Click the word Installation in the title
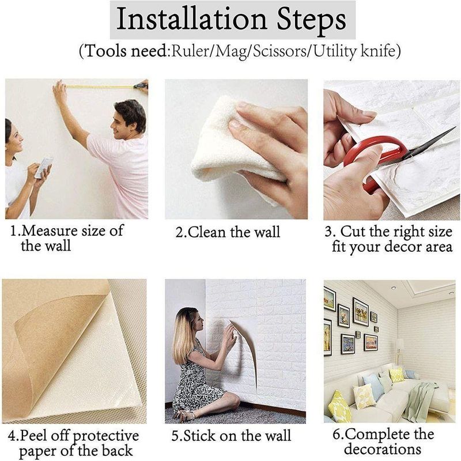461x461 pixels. [191, 19]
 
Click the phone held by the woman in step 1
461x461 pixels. [44, 168]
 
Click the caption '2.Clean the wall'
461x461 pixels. [228, 232]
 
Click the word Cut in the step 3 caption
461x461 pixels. [354, 231]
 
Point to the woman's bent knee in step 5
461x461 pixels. [232, 400]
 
